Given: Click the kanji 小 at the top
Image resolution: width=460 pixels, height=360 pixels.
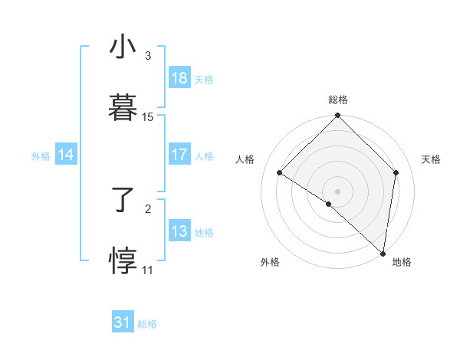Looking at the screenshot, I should point(122,48).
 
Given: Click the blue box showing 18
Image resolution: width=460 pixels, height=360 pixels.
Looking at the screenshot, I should point(179,78).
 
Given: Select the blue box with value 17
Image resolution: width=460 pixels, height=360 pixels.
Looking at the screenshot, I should point(179,155).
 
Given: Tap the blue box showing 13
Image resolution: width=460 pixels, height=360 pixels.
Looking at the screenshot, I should point(179,231).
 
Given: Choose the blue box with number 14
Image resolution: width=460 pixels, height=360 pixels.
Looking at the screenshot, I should point(66,155).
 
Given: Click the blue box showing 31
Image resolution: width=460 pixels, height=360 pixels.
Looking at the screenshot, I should point(123,322).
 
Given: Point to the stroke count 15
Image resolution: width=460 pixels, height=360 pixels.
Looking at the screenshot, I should point(148,117).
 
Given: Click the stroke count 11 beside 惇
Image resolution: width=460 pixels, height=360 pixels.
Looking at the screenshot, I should point(148,270).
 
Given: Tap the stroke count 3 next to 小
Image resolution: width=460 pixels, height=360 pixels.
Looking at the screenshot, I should point(148,56).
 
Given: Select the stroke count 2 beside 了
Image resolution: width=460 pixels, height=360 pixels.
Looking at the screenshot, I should point(148,208).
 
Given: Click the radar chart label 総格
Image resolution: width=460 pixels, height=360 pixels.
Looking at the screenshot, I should point(338,100).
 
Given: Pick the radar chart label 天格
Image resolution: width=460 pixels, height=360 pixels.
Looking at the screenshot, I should point(431,159).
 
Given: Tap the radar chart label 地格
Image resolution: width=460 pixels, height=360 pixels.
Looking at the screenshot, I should point(402,262).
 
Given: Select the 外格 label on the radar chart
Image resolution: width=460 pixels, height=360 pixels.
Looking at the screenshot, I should point(270,262).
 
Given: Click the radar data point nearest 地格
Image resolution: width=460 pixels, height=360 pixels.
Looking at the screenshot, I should point(383,253).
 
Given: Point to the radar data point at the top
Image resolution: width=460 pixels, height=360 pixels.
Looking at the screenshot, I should point(338,116).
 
